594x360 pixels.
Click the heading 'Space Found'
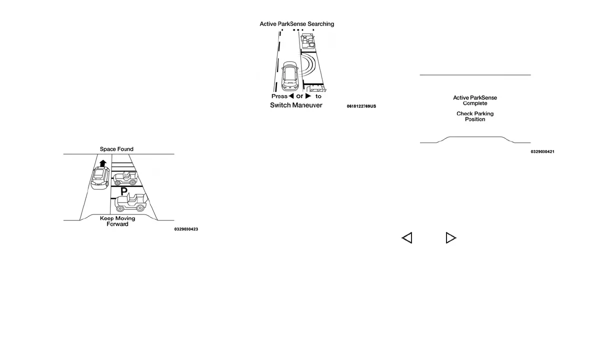(116, 149)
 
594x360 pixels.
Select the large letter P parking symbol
(123, 191)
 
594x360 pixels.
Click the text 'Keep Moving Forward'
(117, 221)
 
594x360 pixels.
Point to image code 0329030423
(186, 229)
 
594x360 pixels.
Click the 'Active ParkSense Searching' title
(296, 24)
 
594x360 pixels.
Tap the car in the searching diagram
(289, 75)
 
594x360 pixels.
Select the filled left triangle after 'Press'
(291, 96)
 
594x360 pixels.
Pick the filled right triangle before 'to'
(308, 96)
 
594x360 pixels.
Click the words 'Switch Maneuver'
(296, 105)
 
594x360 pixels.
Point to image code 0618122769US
(361, 106)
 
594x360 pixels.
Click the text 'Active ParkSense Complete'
(475, 100)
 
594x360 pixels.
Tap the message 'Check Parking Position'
(475, 116)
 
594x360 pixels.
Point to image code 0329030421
(542, 151)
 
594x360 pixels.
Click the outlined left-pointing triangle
(407, 238)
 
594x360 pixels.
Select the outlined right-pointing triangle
(450, 238)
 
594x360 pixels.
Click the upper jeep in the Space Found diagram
(125, 177)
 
